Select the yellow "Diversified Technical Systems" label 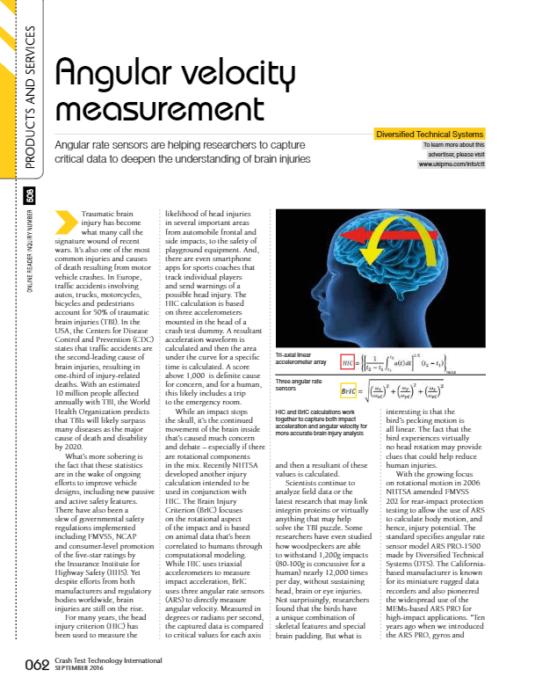430,134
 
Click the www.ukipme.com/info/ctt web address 438,164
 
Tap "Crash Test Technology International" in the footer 105,659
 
